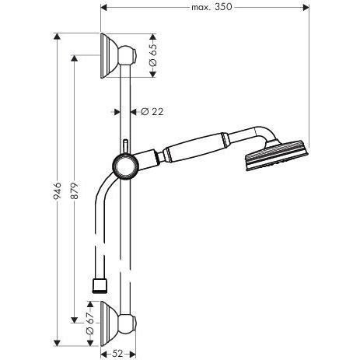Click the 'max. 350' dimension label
tap(211, 7)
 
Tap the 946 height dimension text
tap(58, 190)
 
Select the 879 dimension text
tap(75, 190)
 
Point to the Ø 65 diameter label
tap(153, 55)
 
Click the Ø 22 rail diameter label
tap(152, 112)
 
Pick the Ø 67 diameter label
tap(89, 323)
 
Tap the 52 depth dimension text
tap(118, 353)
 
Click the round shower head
tap(277, 156)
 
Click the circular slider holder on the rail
tap(125, 166)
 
